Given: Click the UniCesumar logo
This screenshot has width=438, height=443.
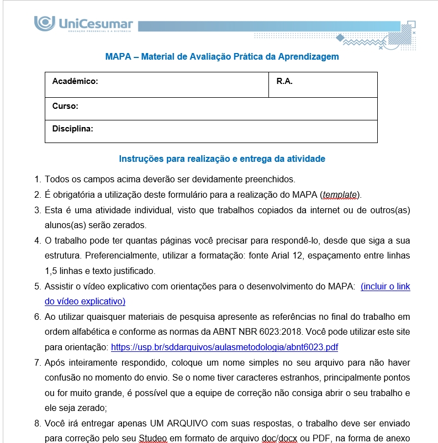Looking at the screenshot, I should pos(83,25).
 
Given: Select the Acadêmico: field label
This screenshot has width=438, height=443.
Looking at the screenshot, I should pos(75,81).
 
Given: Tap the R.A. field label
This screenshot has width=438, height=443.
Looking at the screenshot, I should pos(284,81).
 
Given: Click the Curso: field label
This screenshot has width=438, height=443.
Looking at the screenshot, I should pos(65,106).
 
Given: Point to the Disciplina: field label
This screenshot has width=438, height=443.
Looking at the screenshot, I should pos(72,129).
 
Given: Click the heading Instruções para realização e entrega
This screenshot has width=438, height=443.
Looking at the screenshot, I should pos(222,159).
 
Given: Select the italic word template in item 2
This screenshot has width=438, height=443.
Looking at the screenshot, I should pos(340,194).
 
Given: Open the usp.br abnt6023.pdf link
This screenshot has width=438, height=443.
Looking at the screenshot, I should pos(224,347).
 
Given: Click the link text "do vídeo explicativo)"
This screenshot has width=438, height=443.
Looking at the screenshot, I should pos(85,302).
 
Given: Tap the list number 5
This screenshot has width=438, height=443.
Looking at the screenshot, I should pos(38,287).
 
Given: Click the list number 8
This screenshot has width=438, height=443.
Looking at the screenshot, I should pos(38,424).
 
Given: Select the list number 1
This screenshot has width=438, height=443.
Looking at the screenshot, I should pos(38,179).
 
